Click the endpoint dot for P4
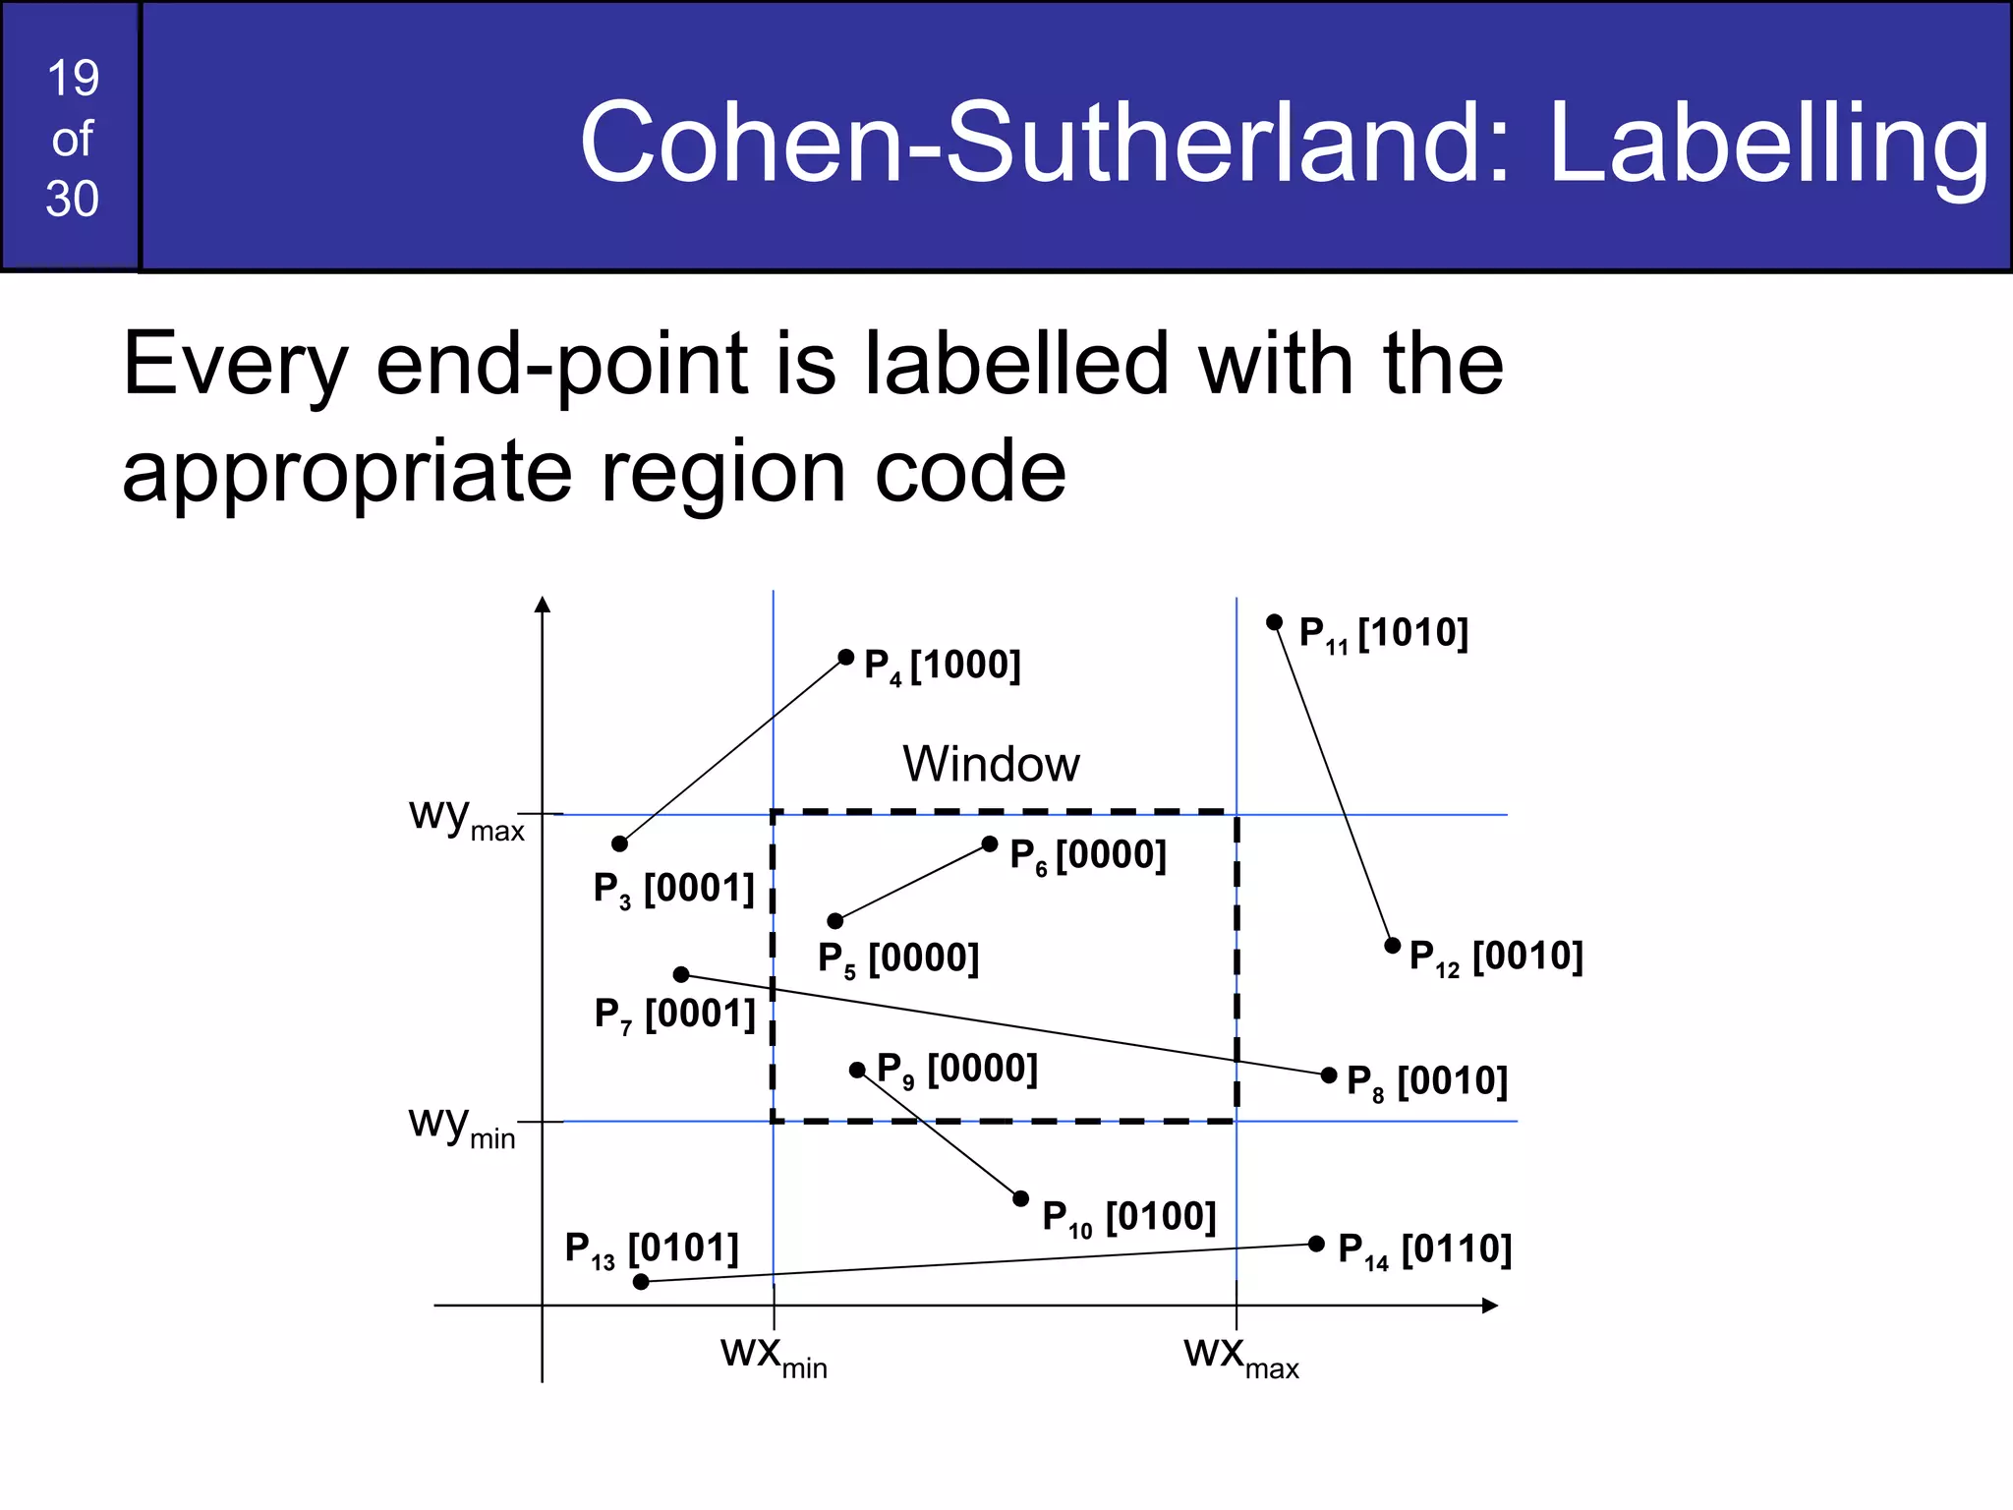click(845, 657)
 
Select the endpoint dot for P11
click(1274, 622)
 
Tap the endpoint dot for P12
click(1392, 946)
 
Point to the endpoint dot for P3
click(619, 843)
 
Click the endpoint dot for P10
click(1020, 1198)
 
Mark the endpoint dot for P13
click(641, 1282)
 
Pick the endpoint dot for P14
click(1316, 1244)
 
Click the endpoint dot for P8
click(1329, 1075)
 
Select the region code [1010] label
click(1412, 633)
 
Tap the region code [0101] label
click(683, 1248)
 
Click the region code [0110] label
click(1456, 1249)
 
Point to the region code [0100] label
click(1161, 1217)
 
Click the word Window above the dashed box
click(991, 764)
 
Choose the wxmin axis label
click(774, 1356)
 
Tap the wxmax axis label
click(1240, 1356)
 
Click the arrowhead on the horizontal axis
click(1490, 1306)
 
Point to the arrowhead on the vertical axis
click(543, 604)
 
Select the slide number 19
click(73, 79)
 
